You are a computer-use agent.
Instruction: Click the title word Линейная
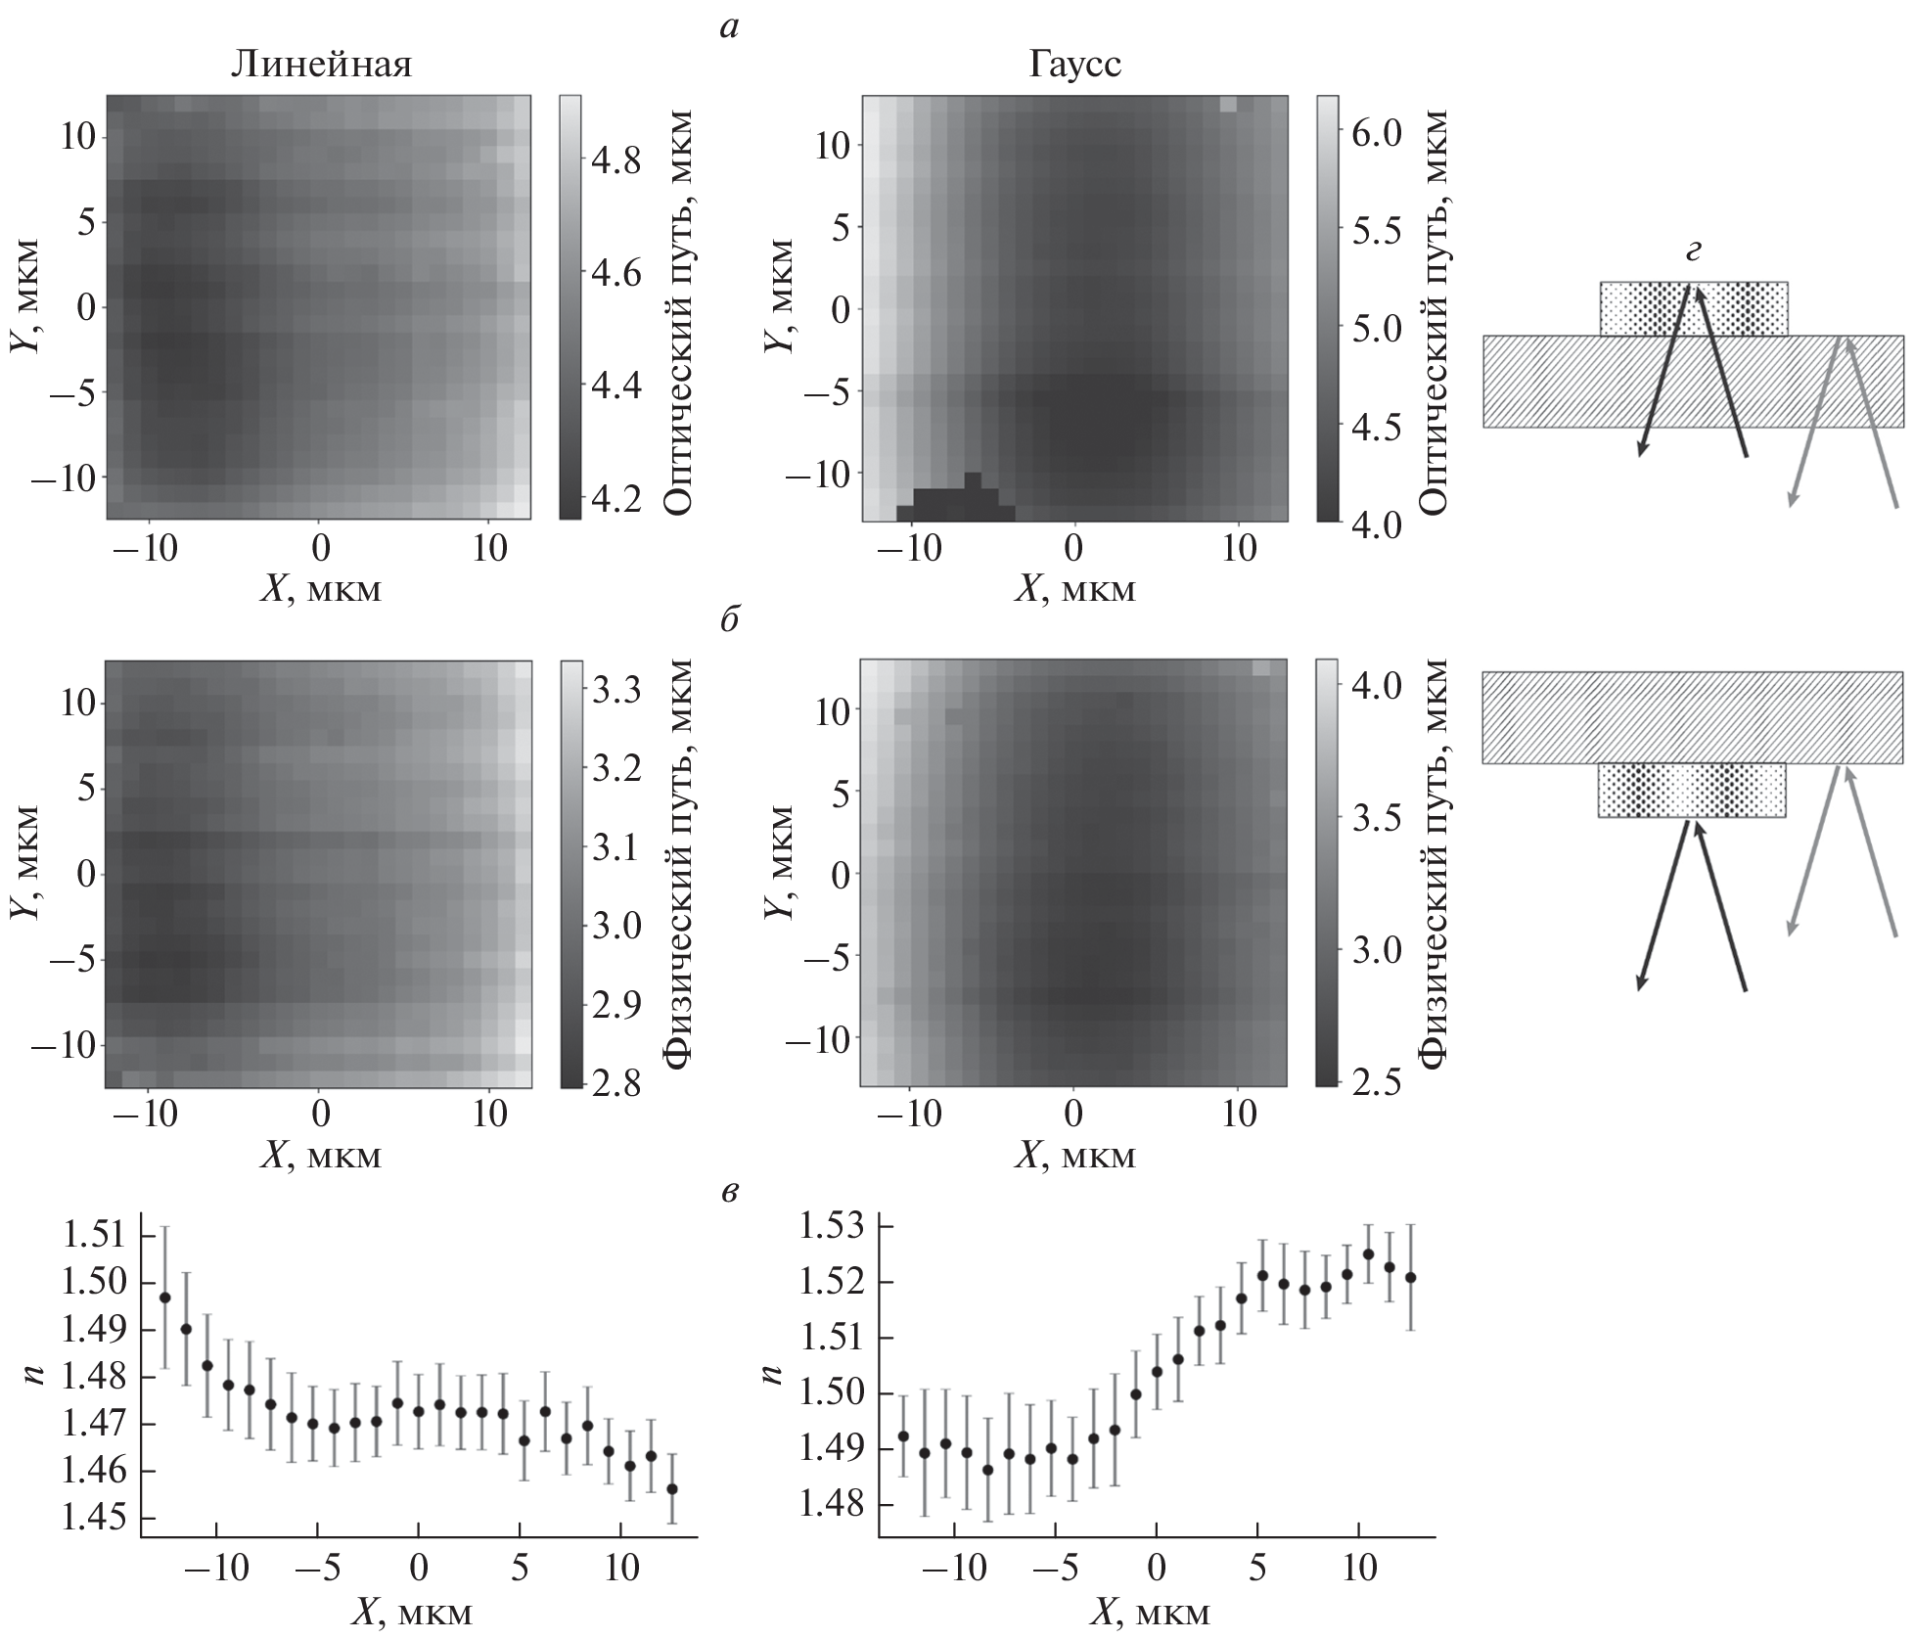click(x=321, y=65)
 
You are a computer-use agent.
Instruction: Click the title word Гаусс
click(x=1074, y=65)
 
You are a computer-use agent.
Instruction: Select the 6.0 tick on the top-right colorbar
click(x=1376, y=132)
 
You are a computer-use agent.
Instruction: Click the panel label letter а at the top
click(x=728, y=28)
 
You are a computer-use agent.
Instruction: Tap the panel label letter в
click(x=729, y=1192)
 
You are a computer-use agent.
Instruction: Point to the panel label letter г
click(x=1693, y=252)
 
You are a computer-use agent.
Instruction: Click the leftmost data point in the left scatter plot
click(x=165, y=1298)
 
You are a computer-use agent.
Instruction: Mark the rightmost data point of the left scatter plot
click(x=672, y=1489)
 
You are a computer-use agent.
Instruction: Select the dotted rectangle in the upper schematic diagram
click(x=1694, y=309)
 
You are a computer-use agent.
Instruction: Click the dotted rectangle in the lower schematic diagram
click(x=1692, y=790)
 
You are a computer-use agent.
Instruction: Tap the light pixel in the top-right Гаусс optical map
click(x=1229, y=105)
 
